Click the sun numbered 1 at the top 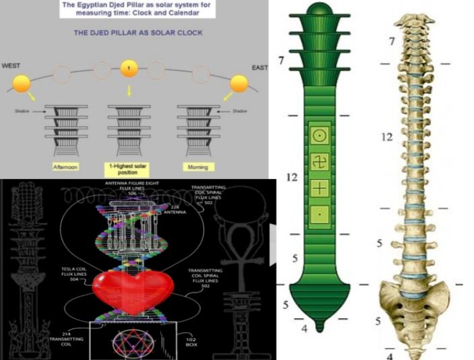click(x=129, y=69)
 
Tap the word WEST click(x=12, y=66)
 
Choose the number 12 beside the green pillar click(x=291, y=178)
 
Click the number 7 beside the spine click(x=391, y=42)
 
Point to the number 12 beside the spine click(x=386, y=137)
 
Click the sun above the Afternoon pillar click(x=21, y=84)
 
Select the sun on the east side click(x=240, y=83)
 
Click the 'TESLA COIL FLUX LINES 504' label click(x=73, y=274)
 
